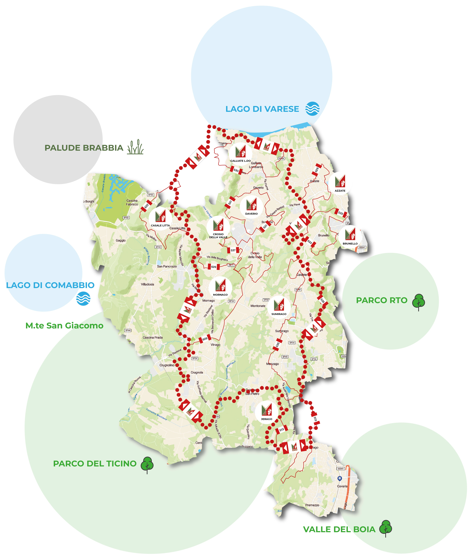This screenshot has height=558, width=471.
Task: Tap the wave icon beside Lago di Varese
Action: pos(312,109)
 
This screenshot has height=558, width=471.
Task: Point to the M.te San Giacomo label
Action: pos(64,326)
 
